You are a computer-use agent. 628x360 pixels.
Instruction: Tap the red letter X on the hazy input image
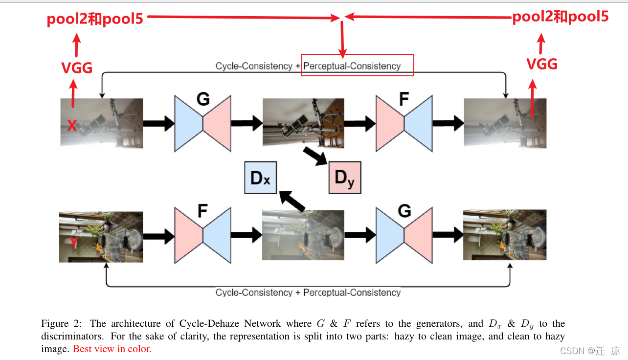tap(71, 126)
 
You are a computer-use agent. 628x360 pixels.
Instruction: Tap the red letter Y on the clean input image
tap(74, 242)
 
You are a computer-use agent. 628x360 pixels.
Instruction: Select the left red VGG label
tap(77, 67)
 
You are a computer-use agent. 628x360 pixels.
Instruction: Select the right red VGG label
tap(541, 64)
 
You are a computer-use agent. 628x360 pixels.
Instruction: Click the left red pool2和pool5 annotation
tap(95, 19)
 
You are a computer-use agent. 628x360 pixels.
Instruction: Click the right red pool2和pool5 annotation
tap(560, 17)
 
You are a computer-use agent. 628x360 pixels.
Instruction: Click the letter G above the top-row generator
tap(202, 99)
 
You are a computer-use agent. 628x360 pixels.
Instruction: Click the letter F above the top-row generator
tap(404, 99)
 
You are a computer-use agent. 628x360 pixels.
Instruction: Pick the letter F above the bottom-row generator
tap(202, 211)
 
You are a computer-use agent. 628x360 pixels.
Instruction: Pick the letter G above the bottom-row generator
tap(404, 211)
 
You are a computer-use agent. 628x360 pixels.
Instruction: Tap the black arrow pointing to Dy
tap(315, 156)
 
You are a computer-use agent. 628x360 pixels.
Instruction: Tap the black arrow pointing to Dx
tap(292, 202)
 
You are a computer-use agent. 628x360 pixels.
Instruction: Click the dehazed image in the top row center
tap(303, 123)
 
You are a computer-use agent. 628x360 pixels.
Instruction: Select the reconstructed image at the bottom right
tap(504, 235)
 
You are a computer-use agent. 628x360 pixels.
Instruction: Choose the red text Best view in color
tap(112, 349)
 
